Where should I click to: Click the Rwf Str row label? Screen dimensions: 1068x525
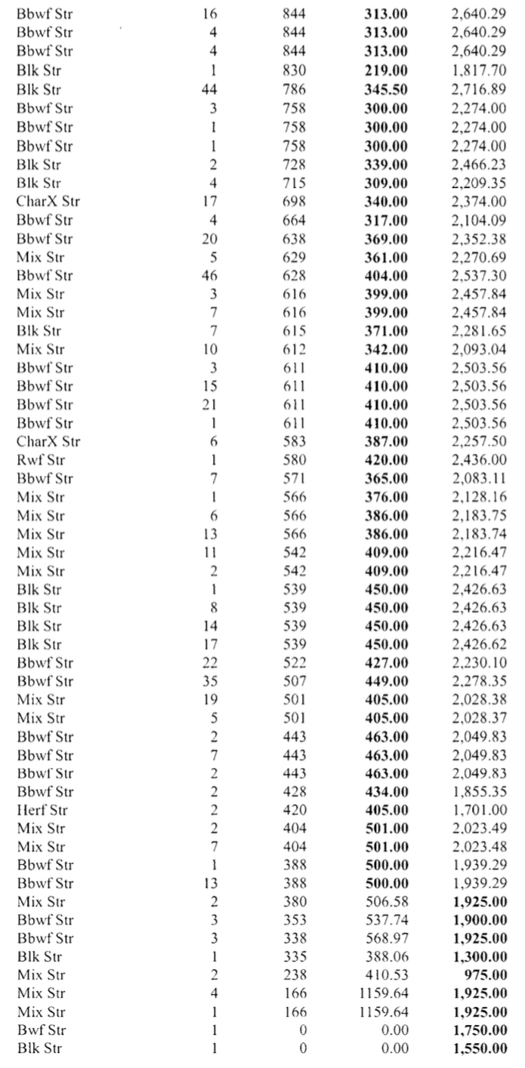click(x=40, y=460)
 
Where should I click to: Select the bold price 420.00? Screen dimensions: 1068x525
click(x=386, y=460)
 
